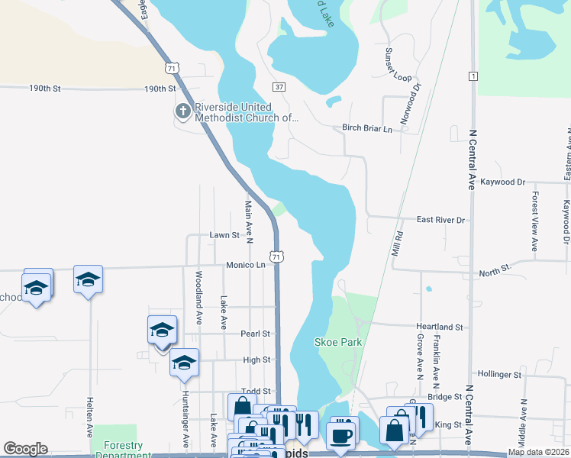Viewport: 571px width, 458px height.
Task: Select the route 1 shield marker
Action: pyautogui.click(x=474, y=76)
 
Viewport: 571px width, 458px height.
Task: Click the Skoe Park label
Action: pyautogui.click(x=337, y=342)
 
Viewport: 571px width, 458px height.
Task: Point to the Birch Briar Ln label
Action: pyautogui.click(x=366, y=128)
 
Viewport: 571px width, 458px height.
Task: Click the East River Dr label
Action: pyautogui.click(x=440, y=220)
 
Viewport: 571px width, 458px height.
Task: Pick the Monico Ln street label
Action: pyautogui.click(x=244, y=265)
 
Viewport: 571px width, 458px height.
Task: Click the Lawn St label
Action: pyautogui.click(x=224, y=235)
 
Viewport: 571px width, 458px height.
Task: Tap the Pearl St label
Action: pyautogui.click(x=256, y=334)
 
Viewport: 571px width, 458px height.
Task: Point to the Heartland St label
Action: pyautogui.click(x=438, y=327)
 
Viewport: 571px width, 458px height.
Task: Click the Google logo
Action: pyautogui.click(x=25, y=449)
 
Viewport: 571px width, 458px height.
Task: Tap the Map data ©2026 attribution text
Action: pyautogui.click(x=537, y=452)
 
